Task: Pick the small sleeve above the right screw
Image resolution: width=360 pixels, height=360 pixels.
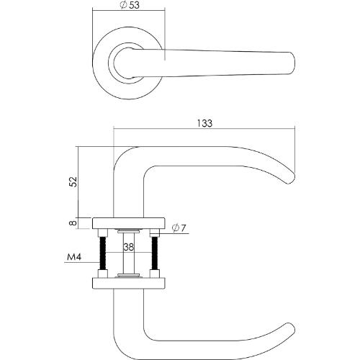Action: [x=153, y=232]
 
